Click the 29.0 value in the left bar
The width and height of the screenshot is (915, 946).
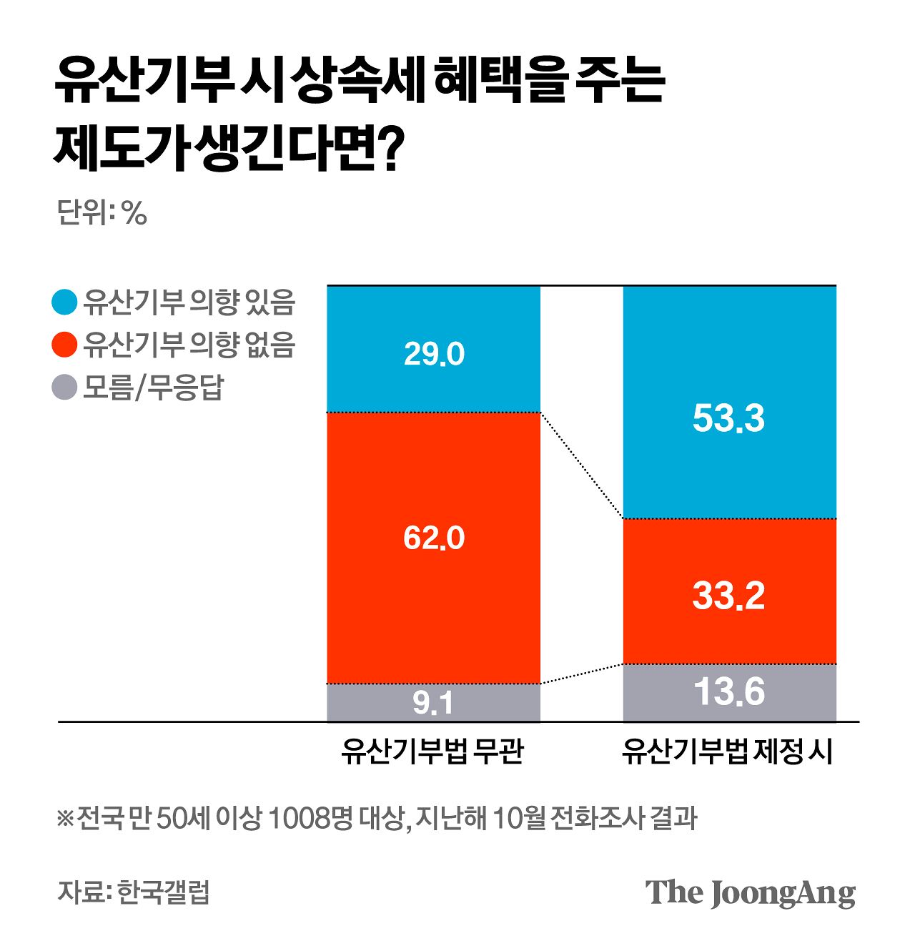(434, 354)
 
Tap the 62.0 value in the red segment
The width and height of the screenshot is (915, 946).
(434, 538)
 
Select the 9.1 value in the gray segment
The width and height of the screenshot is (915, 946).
(433, 703)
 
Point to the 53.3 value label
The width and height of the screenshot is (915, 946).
(728, 418)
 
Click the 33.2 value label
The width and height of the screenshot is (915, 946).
(728, 596)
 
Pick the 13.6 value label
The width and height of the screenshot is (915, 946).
(729, 692)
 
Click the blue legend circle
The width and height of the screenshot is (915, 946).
(65, 302)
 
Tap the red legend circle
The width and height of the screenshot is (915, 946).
(65, 345)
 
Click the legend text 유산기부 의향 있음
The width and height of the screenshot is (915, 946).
(189, 302)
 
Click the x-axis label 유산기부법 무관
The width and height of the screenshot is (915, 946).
(433, 752)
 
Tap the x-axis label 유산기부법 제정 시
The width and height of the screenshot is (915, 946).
(728, 752)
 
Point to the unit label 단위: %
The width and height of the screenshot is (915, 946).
(102, 212)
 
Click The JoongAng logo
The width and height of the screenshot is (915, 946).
(750, 893)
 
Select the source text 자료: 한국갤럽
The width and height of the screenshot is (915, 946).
(134, 893)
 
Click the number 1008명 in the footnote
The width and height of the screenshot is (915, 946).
(310, 818)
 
